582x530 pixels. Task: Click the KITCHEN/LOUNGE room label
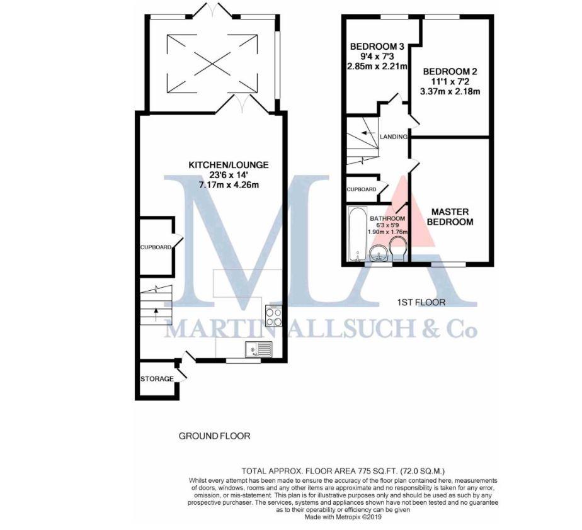(229, 165)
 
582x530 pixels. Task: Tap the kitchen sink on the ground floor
(260, 347)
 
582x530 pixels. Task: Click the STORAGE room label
(157, 379)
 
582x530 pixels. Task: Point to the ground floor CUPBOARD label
(156, 247)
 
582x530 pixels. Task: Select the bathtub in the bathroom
(356, 234)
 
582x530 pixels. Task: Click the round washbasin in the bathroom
(377, 254)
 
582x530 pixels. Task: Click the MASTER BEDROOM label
(450, 217)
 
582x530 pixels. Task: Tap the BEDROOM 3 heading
(377, 47)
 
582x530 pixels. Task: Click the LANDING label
(394, 137)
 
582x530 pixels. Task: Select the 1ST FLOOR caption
(421, 303)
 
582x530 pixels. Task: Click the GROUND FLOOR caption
(215, 436)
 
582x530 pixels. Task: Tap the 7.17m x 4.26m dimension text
(229, 185)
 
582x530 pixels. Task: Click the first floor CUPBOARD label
(362, 189)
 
